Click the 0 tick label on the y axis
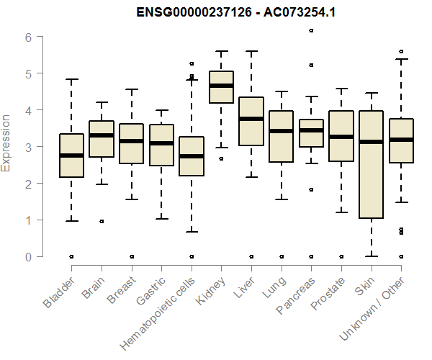pyautogui.click(x=28, y=256)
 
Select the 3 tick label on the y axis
pyautogui.click(x=28, y=147)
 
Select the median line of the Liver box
pyautogui.click(x=251, y=119)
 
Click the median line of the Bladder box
pyautogui.click(x=71, y=156)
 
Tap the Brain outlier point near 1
pyautogui.click(x=102, y=221)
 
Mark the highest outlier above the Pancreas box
pyautogui.click(x=311, y=30)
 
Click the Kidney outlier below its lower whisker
pyautogui.click(x=221, y=158)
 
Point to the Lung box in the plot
pyautogui.click(x=281, y=136)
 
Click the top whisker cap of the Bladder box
pyautogui.click(x=71, y=79)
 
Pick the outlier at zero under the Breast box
pyautogui.click(x=131, y=256)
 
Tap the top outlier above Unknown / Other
pyautogui.click(x=401, y=51)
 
